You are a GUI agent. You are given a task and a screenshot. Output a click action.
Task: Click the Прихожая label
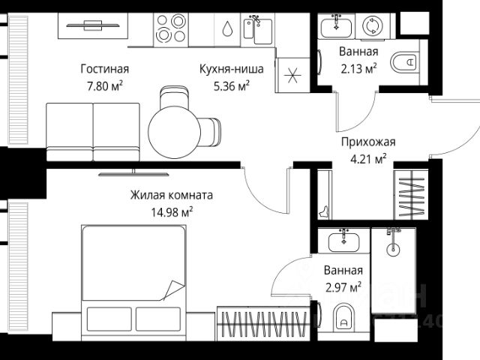pyautogui.click(x=367, y=142)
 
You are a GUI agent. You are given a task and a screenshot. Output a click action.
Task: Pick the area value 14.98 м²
pyautogui.click(x=172, y=211)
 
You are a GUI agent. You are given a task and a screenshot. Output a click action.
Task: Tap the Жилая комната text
pyautogui.click(x=172, y=195)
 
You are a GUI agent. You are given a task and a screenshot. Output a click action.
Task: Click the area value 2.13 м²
pyautogui.click(x=358, y=67)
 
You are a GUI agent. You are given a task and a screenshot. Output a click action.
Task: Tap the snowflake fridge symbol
pyautogui.click(x=293, y=75)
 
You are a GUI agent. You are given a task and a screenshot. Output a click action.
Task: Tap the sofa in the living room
pyautogui.click(x=92, y=130)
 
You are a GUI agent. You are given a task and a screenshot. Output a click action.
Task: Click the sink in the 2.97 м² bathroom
pyautogui.click(x=343, y=239)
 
